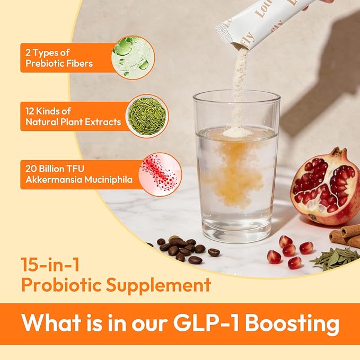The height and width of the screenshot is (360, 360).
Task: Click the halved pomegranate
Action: point(324,186)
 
